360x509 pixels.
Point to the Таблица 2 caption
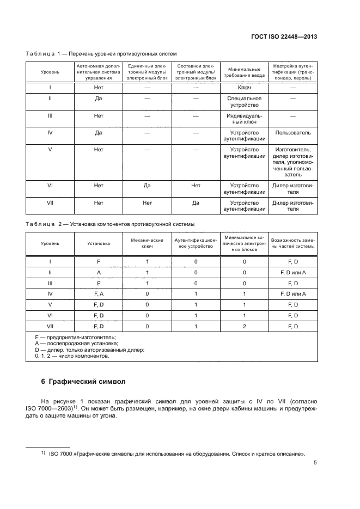point(110,224)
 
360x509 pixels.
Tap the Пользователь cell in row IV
point(293,132)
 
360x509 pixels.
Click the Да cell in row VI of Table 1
point(147,186)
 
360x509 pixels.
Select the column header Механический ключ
point(147,243)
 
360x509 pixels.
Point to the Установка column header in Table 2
point(99,243)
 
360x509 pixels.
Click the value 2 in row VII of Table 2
point(245,326)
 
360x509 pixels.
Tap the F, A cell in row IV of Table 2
point(99,293)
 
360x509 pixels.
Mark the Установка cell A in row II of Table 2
point(99,272)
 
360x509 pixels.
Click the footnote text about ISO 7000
point(176,453)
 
